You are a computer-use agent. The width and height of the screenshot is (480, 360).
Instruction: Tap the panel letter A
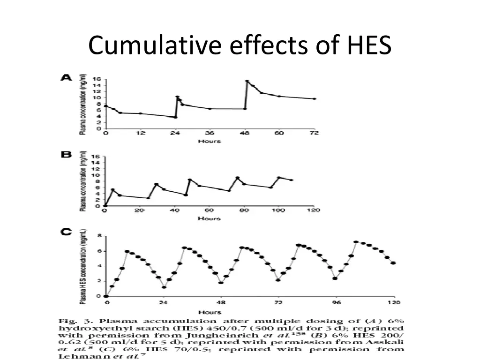tap(66, 78)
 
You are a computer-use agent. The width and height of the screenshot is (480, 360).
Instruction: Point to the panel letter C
tap(66, 232)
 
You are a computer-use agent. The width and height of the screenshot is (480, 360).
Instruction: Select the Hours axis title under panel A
tap(209, 141)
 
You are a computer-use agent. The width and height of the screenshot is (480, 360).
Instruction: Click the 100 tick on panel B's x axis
tap(279, 211)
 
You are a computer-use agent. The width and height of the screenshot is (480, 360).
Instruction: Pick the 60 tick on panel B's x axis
tap(210, 211)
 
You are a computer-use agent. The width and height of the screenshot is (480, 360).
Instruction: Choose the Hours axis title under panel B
tap(209, 218)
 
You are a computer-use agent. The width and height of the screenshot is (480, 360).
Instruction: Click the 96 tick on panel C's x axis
tap(336, 303)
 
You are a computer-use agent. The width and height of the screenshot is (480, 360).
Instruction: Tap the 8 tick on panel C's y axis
tap(99, 235)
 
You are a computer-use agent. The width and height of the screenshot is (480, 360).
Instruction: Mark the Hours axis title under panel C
tap(209, 312)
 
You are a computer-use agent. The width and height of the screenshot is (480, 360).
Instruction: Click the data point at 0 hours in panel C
tap(106, 296)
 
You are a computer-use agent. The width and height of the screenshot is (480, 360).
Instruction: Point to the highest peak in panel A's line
tap(247, 82)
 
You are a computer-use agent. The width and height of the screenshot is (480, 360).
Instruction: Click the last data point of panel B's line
tap(292, 180)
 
